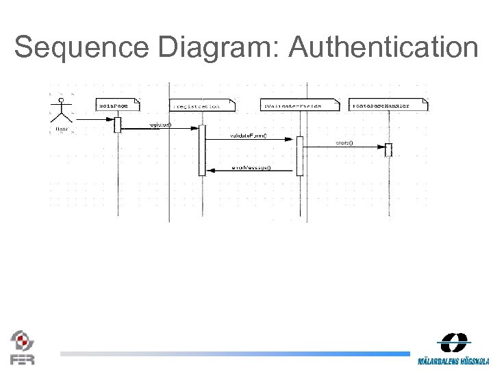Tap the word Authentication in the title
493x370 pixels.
pos(383,48)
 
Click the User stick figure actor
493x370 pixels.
pos(62,114)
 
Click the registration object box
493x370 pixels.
pos(202,106)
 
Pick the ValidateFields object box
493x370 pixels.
pos(300,106)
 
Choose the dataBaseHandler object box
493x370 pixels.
pos(388,106)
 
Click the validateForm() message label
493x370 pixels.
pos(248,136)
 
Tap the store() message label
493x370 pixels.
pos(344,143)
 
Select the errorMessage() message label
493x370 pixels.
pos(251,168)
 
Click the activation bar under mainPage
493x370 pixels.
pos(117,124)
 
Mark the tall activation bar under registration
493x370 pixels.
pos(202,151)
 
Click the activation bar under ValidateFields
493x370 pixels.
pos(299,156)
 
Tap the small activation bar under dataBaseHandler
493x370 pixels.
pos(388,149)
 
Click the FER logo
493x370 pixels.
pos(22,347)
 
